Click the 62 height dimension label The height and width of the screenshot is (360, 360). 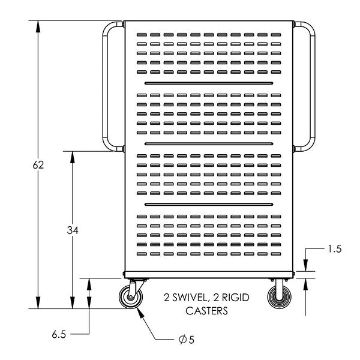[x=38, y=165]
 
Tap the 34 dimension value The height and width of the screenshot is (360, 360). [x=73, y=230]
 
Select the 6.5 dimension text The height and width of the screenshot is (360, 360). [x=59, y=335]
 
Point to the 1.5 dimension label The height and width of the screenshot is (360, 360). [x=335, y=249]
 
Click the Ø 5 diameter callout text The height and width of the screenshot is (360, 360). [x=187, y=340]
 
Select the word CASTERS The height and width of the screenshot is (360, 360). [x=206, y=311]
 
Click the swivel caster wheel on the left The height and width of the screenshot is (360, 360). [x=131, y=297]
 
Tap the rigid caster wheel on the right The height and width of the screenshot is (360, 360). [x=280, y=297]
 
